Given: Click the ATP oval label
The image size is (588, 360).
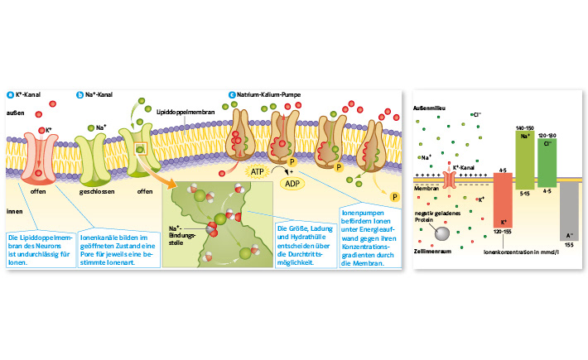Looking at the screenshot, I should (x=258, y=170).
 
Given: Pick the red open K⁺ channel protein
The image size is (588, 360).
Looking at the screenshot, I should (x=39, y=155).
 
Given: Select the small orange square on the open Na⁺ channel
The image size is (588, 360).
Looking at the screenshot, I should (x=141, y=150).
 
